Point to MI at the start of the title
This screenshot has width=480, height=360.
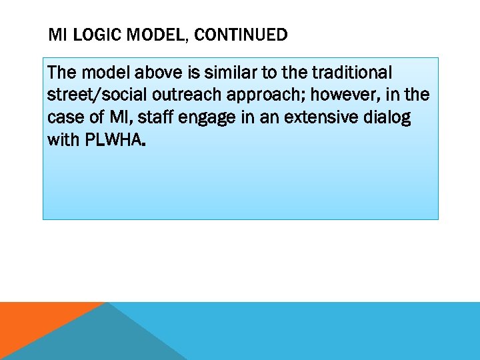pyautogui.click(x=58, y=35)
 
